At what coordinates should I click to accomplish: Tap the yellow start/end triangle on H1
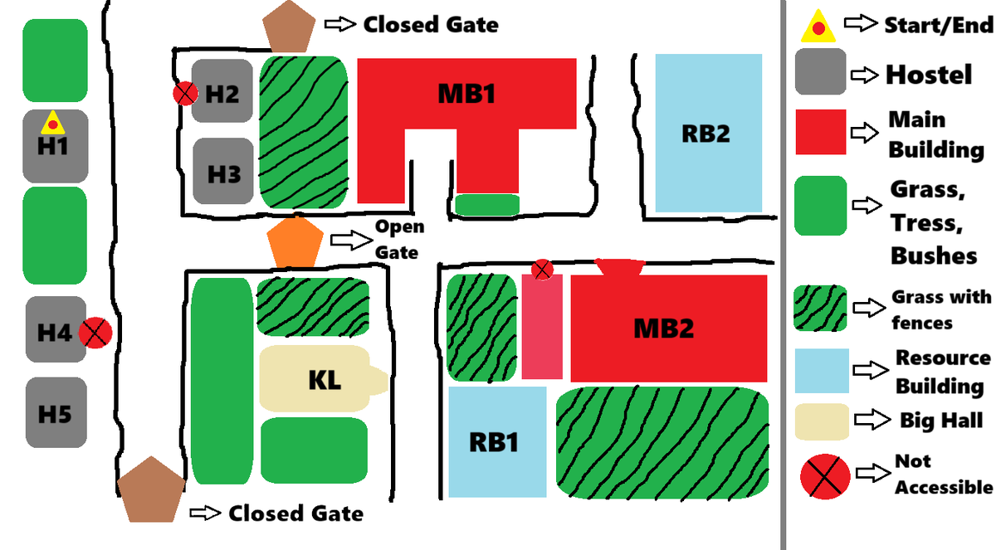52,123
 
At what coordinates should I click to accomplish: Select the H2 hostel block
222,92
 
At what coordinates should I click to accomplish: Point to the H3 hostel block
223,172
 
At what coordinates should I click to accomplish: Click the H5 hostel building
55,412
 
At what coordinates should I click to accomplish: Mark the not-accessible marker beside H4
95,333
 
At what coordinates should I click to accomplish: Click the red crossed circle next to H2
184,94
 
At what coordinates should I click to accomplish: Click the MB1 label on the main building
466,94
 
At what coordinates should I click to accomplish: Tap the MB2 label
663,329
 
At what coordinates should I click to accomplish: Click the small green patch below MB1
487,204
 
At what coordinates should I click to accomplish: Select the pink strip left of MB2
542,328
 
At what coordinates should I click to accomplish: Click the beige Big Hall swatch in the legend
822,421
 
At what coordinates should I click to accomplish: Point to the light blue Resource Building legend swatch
822,370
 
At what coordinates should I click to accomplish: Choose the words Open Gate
399,239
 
